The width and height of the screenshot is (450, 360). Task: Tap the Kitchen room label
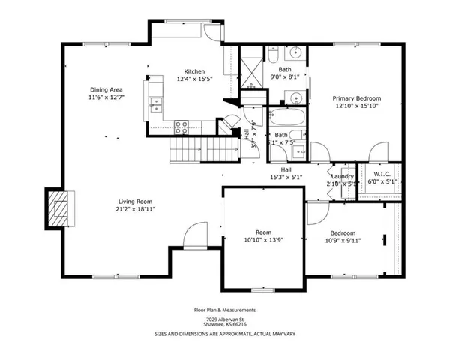(x=195, y=71)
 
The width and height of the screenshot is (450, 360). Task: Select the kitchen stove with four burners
(x=181, y=126)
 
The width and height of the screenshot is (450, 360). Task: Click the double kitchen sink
(x=156, y=104)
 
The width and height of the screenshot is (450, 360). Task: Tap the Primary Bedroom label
(x=357, y=98)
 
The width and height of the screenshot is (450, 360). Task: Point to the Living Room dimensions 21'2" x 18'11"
(x=135, y=209)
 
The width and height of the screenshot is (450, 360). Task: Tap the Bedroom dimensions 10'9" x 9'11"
(x=343, y=241)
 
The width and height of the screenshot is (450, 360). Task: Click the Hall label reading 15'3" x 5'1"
(x=286, y=177)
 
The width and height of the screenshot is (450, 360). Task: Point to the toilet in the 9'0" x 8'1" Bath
(x=274, y=55)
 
